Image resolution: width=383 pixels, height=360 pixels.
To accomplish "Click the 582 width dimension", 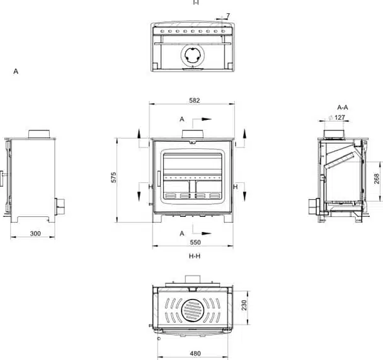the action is tap(195, 100).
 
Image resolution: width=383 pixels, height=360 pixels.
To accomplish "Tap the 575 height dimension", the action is tap(113, 177).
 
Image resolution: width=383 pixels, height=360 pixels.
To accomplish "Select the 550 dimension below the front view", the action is tap(195, 243).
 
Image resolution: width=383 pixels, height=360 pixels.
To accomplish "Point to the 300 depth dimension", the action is tap(35, 234).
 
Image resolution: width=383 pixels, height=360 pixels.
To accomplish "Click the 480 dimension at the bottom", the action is tap(195, 354).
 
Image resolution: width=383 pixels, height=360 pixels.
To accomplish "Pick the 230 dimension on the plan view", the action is tap(244, 305).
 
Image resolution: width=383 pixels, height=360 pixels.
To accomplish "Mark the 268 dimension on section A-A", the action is tap(377, 178).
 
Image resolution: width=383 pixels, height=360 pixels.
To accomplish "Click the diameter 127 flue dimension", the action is tap(336, 117).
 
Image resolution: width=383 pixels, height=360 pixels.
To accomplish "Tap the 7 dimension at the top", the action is tap(228, 16).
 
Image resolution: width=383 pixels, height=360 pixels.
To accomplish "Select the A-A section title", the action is tap(343, 107).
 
